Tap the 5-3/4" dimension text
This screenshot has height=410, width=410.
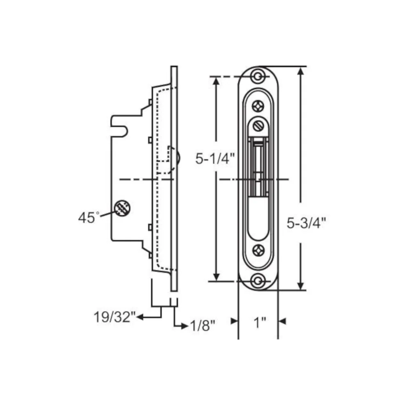click(x=306, y=223)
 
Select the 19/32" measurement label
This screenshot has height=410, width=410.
click(x=115, y=317)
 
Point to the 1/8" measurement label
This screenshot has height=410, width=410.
click(x=203, y=326)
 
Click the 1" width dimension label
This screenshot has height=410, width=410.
click(x=260, y=322)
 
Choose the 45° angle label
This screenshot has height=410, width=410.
click(x=89, y=218)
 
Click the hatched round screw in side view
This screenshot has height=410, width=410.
click(x=122, y=208)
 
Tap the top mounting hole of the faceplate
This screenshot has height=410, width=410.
click(x=258, y=76)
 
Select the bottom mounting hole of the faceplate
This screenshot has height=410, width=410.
click(x=258, y=281)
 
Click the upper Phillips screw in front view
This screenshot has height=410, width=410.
click(x=258, y=106)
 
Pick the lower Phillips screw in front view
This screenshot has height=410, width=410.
click(x=258, y=250)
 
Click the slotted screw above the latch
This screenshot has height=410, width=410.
click(x=258, y=126)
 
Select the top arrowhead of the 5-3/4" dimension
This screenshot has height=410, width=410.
click(x=301, y=71)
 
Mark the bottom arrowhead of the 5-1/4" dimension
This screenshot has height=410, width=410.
click(x=216, y=277)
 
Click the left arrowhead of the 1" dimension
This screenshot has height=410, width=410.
click(x=234, y=321)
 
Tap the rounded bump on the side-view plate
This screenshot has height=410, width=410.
click(x=178, y=157)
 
